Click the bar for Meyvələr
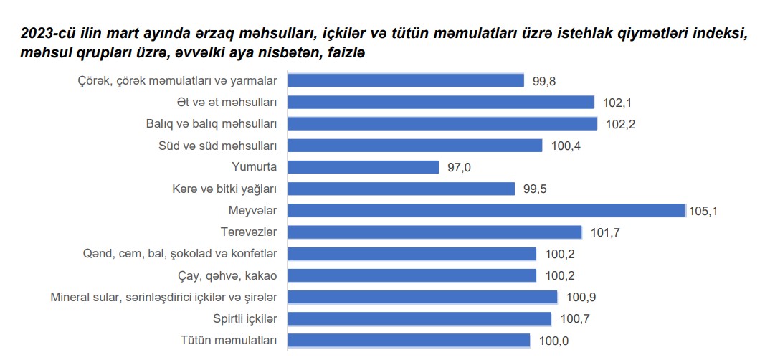486,210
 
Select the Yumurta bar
363,167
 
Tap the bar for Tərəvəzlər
434,232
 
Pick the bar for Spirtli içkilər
419,318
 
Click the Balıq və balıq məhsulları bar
442,123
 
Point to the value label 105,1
703,210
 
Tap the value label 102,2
620,124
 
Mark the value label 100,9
581,297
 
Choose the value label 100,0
553,341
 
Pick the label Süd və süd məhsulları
217,146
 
